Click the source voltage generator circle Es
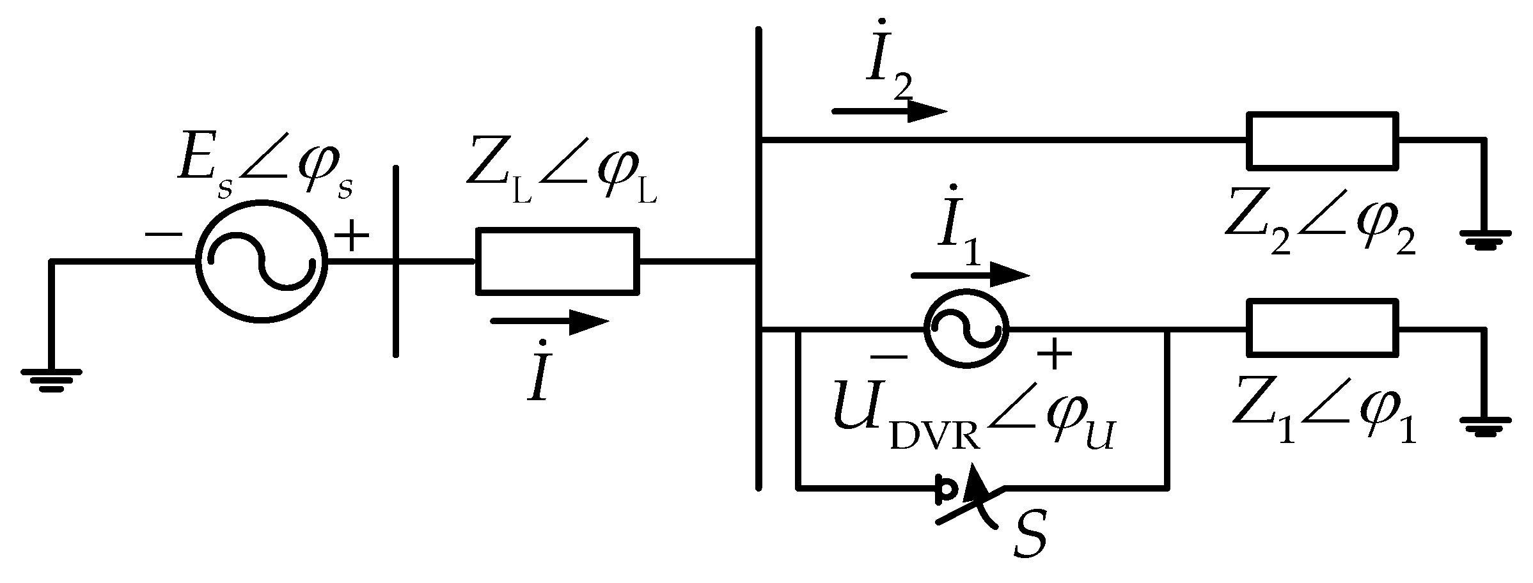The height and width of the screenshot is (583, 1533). [261, 261]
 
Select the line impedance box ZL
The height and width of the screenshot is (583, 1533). [556, 261]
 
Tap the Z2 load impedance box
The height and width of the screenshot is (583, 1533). [1322, 141]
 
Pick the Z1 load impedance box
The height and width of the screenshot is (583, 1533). [1322, 329]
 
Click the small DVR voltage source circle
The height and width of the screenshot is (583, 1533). [966, 329]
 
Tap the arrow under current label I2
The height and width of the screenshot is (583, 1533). [889, 111]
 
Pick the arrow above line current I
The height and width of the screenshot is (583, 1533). [550, 322]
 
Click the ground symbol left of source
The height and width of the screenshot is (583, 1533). [51, 378]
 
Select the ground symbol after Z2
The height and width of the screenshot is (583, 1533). [1485, 240]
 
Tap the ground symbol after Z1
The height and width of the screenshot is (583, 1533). [1485, 426]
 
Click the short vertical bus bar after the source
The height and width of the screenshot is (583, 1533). [396, 261]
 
